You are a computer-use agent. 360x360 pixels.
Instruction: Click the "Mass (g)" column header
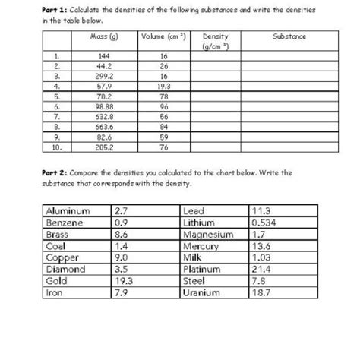click(100, 36)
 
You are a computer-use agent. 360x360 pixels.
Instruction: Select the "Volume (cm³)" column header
click(162, 36)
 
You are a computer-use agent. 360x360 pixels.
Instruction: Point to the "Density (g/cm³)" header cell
click(216, 41)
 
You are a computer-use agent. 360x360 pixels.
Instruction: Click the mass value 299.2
click(100, 76)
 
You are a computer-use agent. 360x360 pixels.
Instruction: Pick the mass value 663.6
click(100, 127)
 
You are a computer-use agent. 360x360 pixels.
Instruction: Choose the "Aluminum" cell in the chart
click(68, 211)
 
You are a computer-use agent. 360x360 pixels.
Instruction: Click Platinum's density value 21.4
click(262, 269)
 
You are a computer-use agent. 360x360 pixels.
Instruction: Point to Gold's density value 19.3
click(123, 280)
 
